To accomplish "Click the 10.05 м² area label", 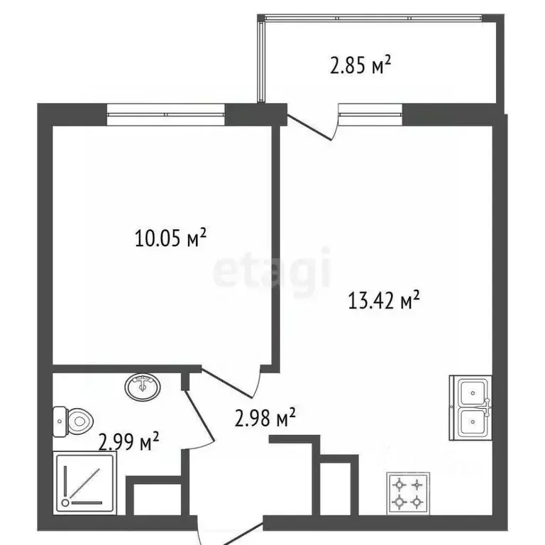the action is pos(170,238).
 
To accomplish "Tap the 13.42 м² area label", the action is pos(384,300).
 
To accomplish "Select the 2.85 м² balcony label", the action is pos(360,65).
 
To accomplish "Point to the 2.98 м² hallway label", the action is pos(265,417).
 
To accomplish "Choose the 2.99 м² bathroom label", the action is pos(128,441).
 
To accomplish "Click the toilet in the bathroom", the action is pos(73,422).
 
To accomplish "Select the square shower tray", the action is pos(84,483).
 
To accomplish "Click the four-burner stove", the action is pos(408,493).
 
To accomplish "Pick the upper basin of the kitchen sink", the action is pos(473,392).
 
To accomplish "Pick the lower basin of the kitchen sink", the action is pos(473,422).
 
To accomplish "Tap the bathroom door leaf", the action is pos(198,417).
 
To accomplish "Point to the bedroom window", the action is pos(166,114).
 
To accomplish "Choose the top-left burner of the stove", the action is pos(400,484).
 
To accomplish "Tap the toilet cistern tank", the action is pos(60,422).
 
